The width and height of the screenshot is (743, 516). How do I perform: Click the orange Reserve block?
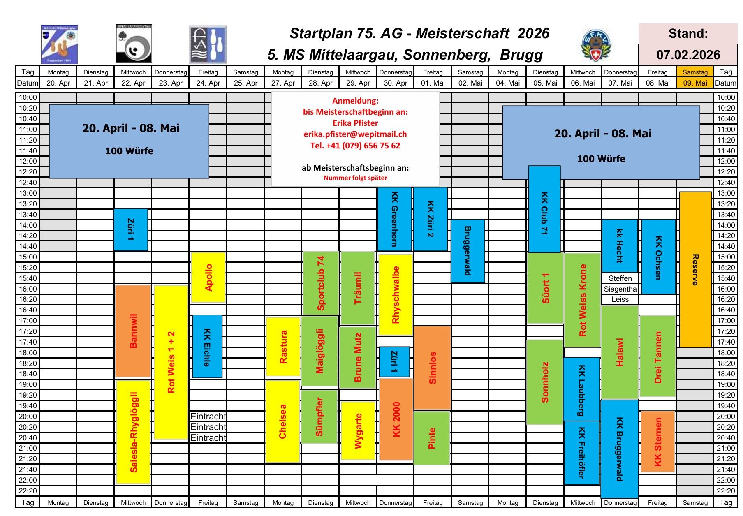point(695,269)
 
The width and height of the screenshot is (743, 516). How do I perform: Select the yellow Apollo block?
point(208,277)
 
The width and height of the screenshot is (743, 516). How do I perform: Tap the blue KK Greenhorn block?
point(395,219)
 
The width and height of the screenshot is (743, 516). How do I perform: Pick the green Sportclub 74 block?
point(321,283)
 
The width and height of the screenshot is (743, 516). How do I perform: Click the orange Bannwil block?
point(133,331)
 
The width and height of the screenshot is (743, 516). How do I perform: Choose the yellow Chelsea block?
point(282,421)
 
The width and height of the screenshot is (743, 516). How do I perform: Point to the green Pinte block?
point(431,438)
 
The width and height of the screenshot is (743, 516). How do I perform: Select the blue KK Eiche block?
point(207,346)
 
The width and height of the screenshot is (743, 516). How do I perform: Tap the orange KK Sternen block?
point(658,442)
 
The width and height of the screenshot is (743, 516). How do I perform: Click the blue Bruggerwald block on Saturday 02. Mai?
point(468,251)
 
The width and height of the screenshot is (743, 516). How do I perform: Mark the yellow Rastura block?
point(283,347)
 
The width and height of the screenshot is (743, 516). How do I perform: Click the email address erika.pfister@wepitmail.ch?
point(355,134)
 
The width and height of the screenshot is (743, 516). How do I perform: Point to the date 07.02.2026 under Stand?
point(688,55)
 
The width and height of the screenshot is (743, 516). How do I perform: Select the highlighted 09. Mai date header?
point(695,83)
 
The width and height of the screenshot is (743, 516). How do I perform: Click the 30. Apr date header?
point(395,83)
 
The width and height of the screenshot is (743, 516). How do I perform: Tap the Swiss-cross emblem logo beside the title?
point(595,45)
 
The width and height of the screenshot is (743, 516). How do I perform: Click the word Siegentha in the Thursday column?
point(620,289)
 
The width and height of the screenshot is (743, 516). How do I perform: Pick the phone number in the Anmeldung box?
point(355,146)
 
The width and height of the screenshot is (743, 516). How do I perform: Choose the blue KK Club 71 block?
point(544,209)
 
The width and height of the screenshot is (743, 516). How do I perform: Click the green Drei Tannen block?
point(658,356)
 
